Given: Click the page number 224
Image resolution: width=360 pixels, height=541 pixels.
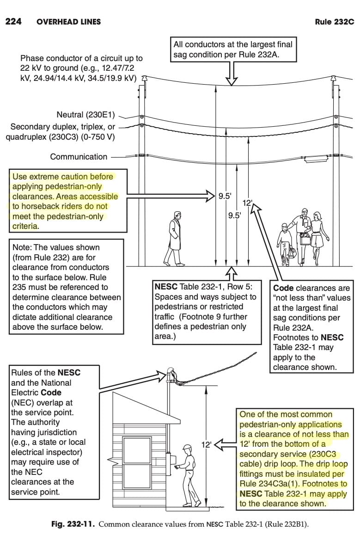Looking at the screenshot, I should [13, 21].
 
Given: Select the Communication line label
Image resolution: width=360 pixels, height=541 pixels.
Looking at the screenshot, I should [79, 157].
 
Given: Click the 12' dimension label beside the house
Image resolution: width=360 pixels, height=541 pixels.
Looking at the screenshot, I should [206, 445].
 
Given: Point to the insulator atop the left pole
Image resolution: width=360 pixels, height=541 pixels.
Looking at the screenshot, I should [143, 80].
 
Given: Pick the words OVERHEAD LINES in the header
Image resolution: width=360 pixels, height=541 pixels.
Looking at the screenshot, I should [68, 22].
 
